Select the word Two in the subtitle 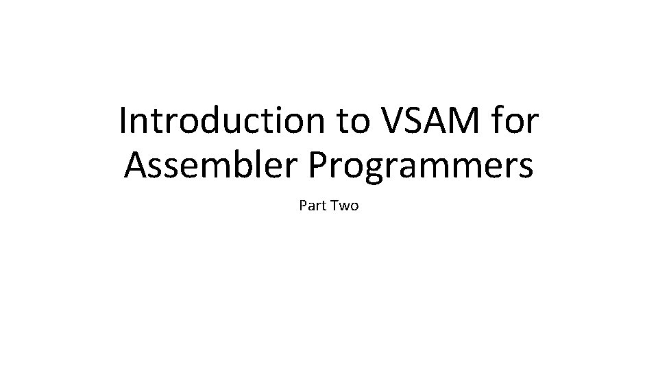tap(344, 205)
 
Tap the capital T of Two tap(334, 205)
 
